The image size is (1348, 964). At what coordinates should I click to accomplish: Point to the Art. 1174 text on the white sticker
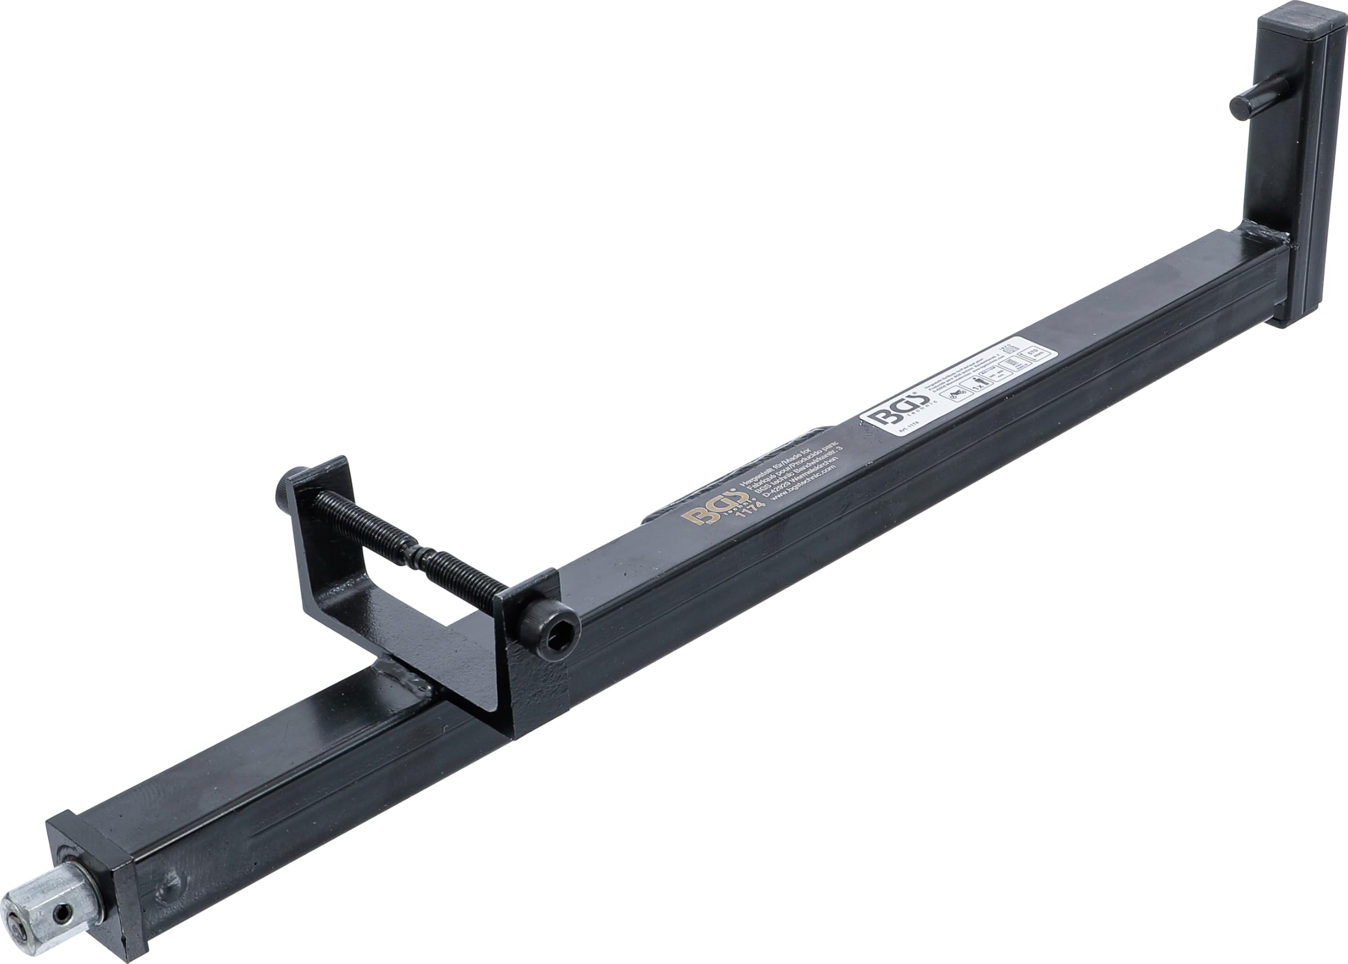[x=908, y=434]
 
